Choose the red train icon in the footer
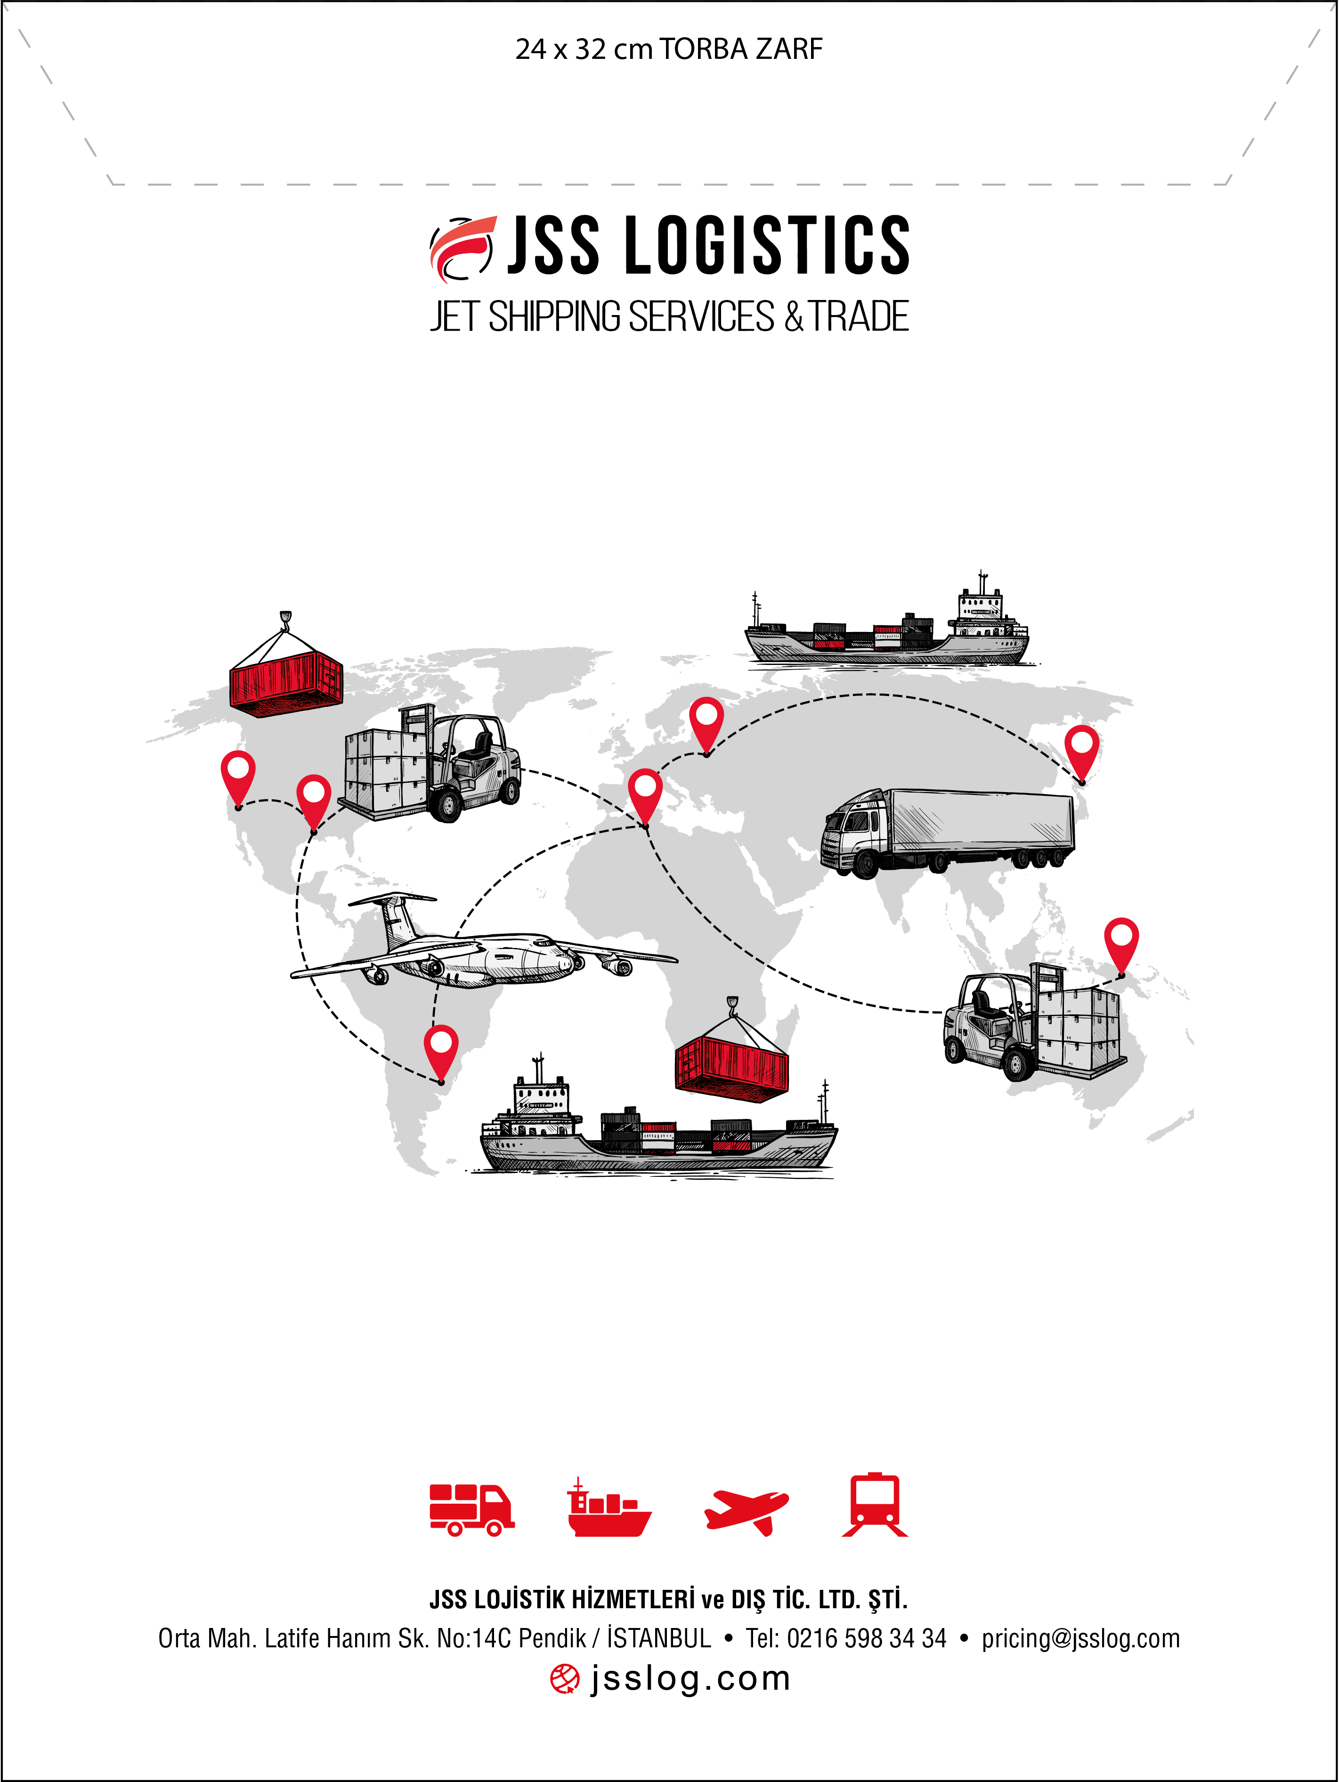[875, 1506]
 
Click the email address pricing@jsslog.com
[1080, 1639]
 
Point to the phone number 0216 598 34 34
[866, 1639]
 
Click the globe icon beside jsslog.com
[565, 1680]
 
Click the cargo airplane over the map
[483, 942]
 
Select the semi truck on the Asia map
[948, 832]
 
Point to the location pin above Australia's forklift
[1121, 946]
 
